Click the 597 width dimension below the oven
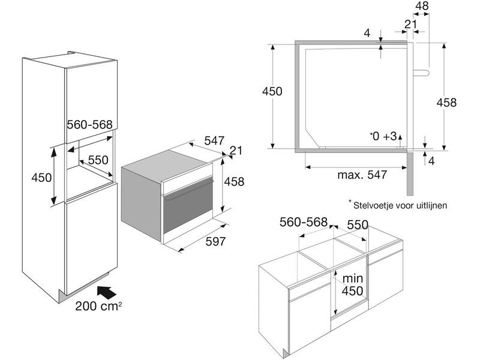(215, 241)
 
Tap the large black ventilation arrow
(107, 292)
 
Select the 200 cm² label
(98, 306)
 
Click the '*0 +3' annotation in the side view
(383, 136)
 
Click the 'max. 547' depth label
(362, 175)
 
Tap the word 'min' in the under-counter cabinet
(353, 278)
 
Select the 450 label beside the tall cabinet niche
(41, 177)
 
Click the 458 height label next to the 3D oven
(234, 182)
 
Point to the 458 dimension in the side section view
(446, 102)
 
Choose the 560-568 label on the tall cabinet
(89, 124)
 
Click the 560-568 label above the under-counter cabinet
(304, 222)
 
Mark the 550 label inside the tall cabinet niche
(98, 160)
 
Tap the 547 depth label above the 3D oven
(214, 140)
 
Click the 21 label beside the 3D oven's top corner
(236, 151)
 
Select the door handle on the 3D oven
(188, 190)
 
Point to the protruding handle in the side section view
(422, 72)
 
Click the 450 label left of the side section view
(272, 91)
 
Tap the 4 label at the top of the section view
(367, 33)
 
